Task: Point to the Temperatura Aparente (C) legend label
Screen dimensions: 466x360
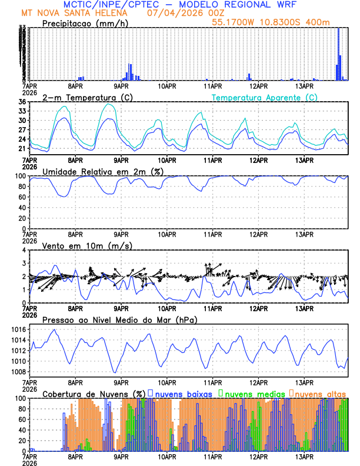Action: point(264,96)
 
